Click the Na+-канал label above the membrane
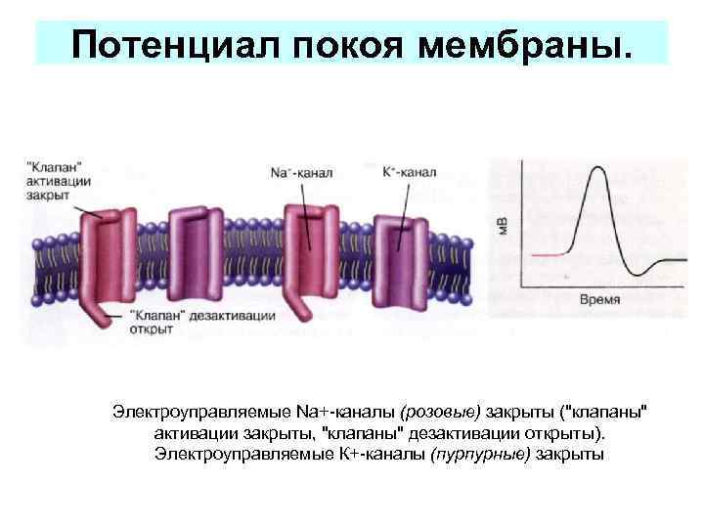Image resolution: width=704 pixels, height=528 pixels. tap(300, 173)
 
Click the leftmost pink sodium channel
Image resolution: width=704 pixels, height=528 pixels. tap(103, 254)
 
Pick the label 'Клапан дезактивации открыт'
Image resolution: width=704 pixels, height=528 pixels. tap(201, 323)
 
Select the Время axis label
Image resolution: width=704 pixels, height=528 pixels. tap(598, 298)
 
